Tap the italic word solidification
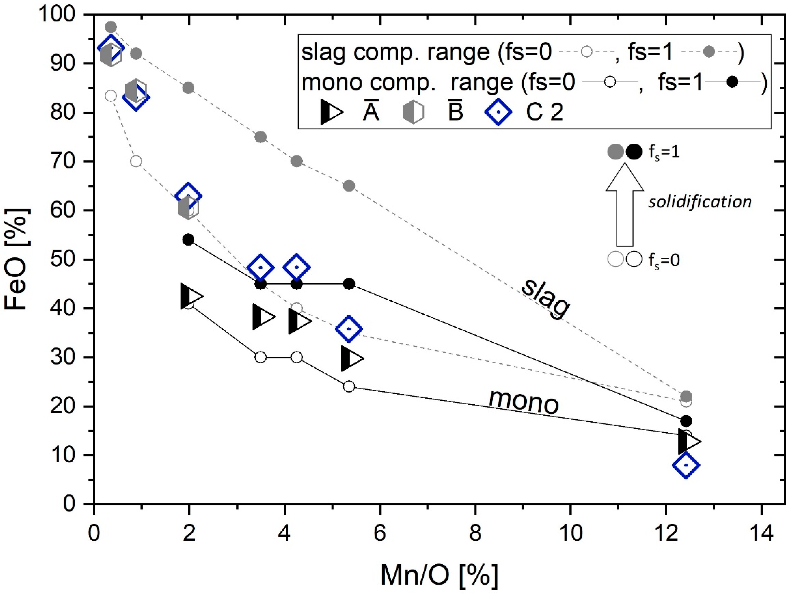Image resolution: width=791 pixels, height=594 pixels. [700, 202]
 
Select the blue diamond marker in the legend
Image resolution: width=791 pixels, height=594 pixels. [498, 112]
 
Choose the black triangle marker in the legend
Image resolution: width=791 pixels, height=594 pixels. [331, 112]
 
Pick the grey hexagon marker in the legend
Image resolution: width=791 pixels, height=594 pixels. [413, 112]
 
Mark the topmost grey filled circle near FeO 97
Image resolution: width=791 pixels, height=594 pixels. [111, 27]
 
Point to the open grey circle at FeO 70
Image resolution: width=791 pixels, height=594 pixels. [136, 161]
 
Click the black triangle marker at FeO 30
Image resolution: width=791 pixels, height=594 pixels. [352, 358]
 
